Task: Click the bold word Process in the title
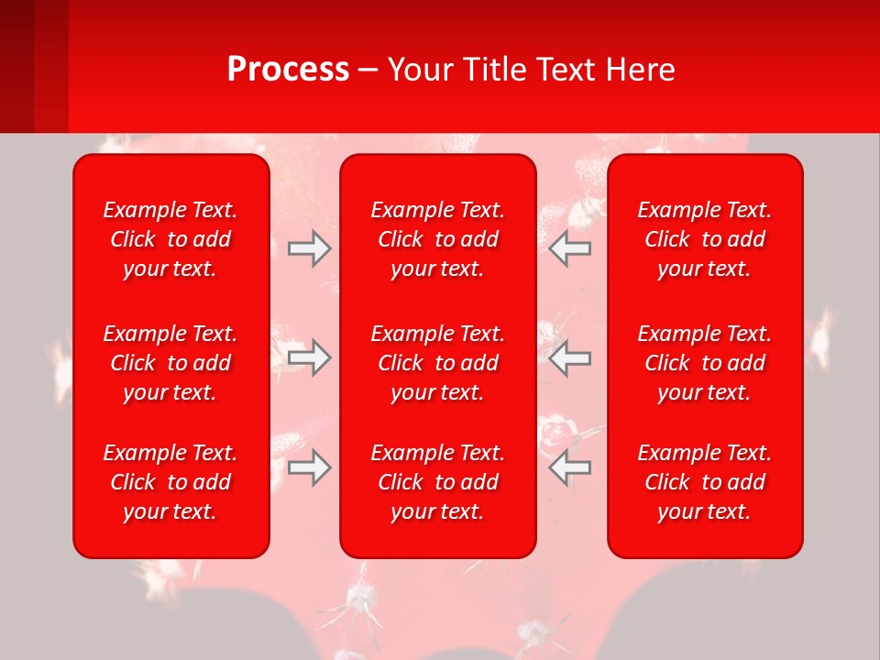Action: click(288, 70)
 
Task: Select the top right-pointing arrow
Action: click(309, 248)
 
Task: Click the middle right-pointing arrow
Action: click(309, 357)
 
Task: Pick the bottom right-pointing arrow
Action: click(309, 467)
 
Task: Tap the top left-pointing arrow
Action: click(570, 248)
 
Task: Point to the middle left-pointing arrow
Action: click(570, 357)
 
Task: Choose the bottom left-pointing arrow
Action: click(570, 467)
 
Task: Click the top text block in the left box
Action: click(170, 239)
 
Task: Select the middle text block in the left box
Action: click(170, 363)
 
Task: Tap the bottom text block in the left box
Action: click(170, 482)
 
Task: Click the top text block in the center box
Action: click(438, 239)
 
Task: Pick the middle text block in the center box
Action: click(438, 363)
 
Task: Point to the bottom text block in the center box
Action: click(438, 482)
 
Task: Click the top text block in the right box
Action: click(705, 239)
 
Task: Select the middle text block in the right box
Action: click(705, 363)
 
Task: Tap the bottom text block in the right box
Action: click(705, 482)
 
